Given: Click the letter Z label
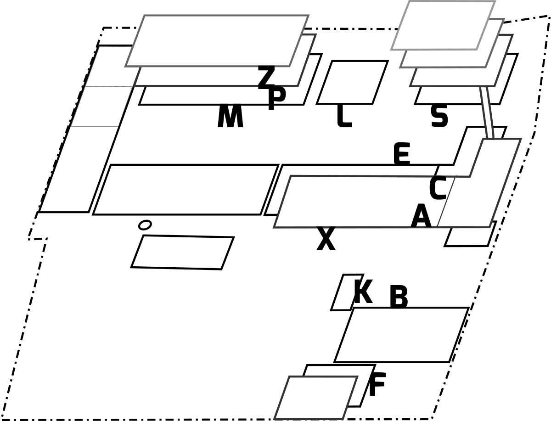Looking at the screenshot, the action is tap(266, 77).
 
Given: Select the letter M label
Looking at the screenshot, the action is tap(230, 116).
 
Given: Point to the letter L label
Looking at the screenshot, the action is tap(344, 116).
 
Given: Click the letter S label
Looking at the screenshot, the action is tap(439, 116).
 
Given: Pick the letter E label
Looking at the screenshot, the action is tap(402, 154).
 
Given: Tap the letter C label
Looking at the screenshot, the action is tap(438, 188).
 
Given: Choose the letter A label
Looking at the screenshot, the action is tap(421, 216).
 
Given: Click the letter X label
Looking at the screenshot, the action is tap(326, 238).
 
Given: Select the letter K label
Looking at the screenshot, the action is tap(363, 292).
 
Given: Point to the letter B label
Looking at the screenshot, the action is tap(399, 297).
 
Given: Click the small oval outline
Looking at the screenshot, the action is tap(145, 225).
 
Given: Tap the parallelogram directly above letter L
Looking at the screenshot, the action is tap(353, 82).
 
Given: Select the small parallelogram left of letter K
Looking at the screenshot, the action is tap(347, 292).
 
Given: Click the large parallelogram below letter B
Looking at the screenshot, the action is tap(402, 335).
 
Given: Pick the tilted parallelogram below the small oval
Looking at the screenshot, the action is tap(182, 252).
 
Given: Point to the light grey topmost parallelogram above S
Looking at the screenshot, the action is tap(443, 25).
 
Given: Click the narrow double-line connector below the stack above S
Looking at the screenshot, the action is tap(487, 112).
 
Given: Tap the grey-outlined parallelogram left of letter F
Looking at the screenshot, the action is tap(316, 398).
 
